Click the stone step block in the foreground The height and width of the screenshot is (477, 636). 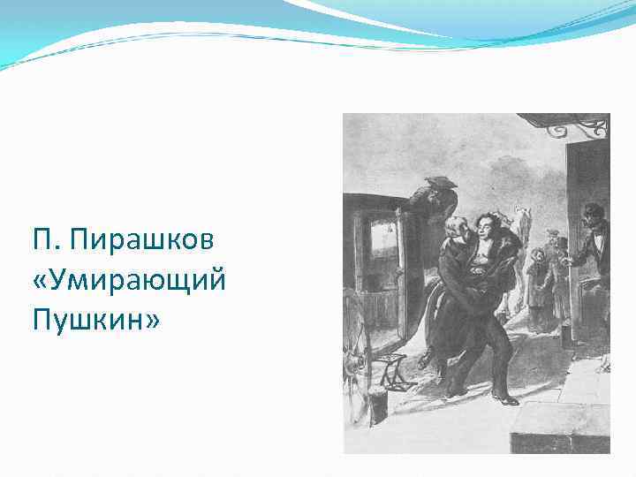tap(556, 424)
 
